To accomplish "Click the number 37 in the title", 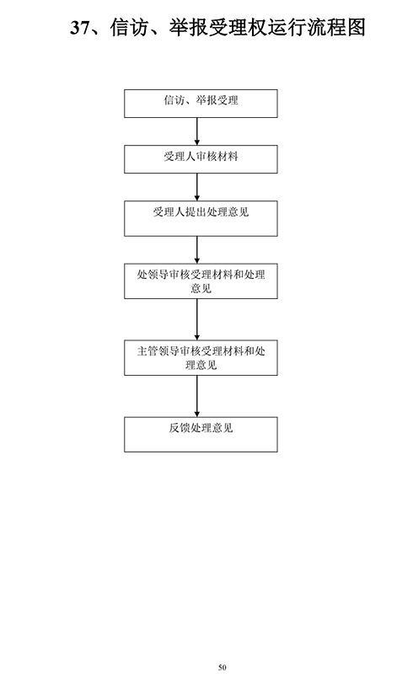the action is pos(80,28).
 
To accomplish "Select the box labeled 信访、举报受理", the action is pos(201,104).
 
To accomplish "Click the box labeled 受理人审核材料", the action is pos(201,159).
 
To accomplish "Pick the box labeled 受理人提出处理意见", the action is pos(201,218).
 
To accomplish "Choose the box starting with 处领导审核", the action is pos(201,281).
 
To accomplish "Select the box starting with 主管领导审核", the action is pos(201,357).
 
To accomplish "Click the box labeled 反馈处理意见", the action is pos(201,434).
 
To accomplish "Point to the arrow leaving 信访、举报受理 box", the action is pos(197,131).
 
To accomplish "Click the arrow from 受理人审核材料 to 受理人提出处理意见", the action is pos(197,187).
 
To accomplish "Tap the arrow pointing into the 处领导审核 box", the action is pos(197,249).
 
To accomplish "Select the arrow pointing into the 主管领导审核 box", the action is pos(197,319).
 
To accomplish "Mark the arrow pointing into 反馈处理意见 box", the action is pos(197,396).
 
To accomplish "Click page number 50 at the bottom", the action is pos(222,667).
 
